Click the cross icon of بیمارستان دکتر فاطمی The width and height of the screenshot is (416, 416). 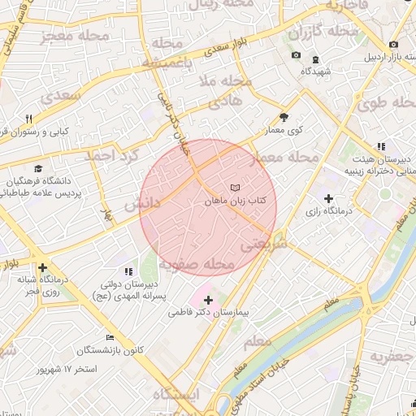(x=208, y=300)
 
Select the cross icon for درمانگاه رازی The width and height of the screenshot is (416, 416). (x=328, y=198)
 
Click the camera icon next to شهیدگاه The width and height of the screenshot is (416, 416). (x=296, y=55)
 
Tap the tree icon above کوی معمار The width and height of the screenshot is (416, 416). (x=284, y=117)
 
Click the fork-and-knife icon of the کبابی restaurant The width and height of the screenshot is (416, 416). (x=29, y=118)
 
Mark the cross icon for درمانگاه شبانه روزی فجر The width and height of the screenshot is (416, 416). (x=42, y=267)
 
